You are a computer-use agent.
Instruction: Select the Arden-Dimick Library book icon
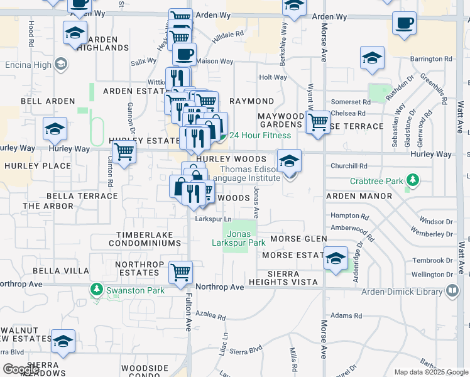(452, 290)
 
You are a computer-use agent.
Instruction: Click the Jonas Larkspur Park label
(238, 238)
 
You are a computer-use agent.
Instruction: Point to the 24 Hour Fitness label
(260, 135)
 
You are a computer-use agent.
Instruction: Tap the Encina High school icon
(61, 64)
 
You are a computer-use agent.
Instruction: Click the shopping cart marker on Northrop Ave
(181, 273)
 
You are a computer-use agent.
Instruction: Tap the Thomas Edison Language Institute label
(244, 173)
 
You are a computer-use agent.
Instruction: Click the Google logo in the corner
(21, 369)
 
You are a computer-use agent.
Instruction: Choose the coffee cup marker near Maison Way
(184, 54)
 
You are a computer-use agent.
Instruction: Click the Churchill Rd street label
(349, 167)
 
